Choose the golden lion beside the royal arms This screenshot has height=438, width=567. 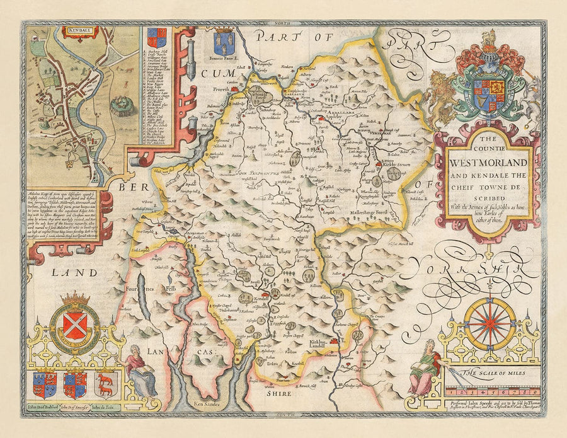click(x=437, y=96)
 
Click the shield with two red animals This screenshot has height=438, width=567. click(x=105, y=383)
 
